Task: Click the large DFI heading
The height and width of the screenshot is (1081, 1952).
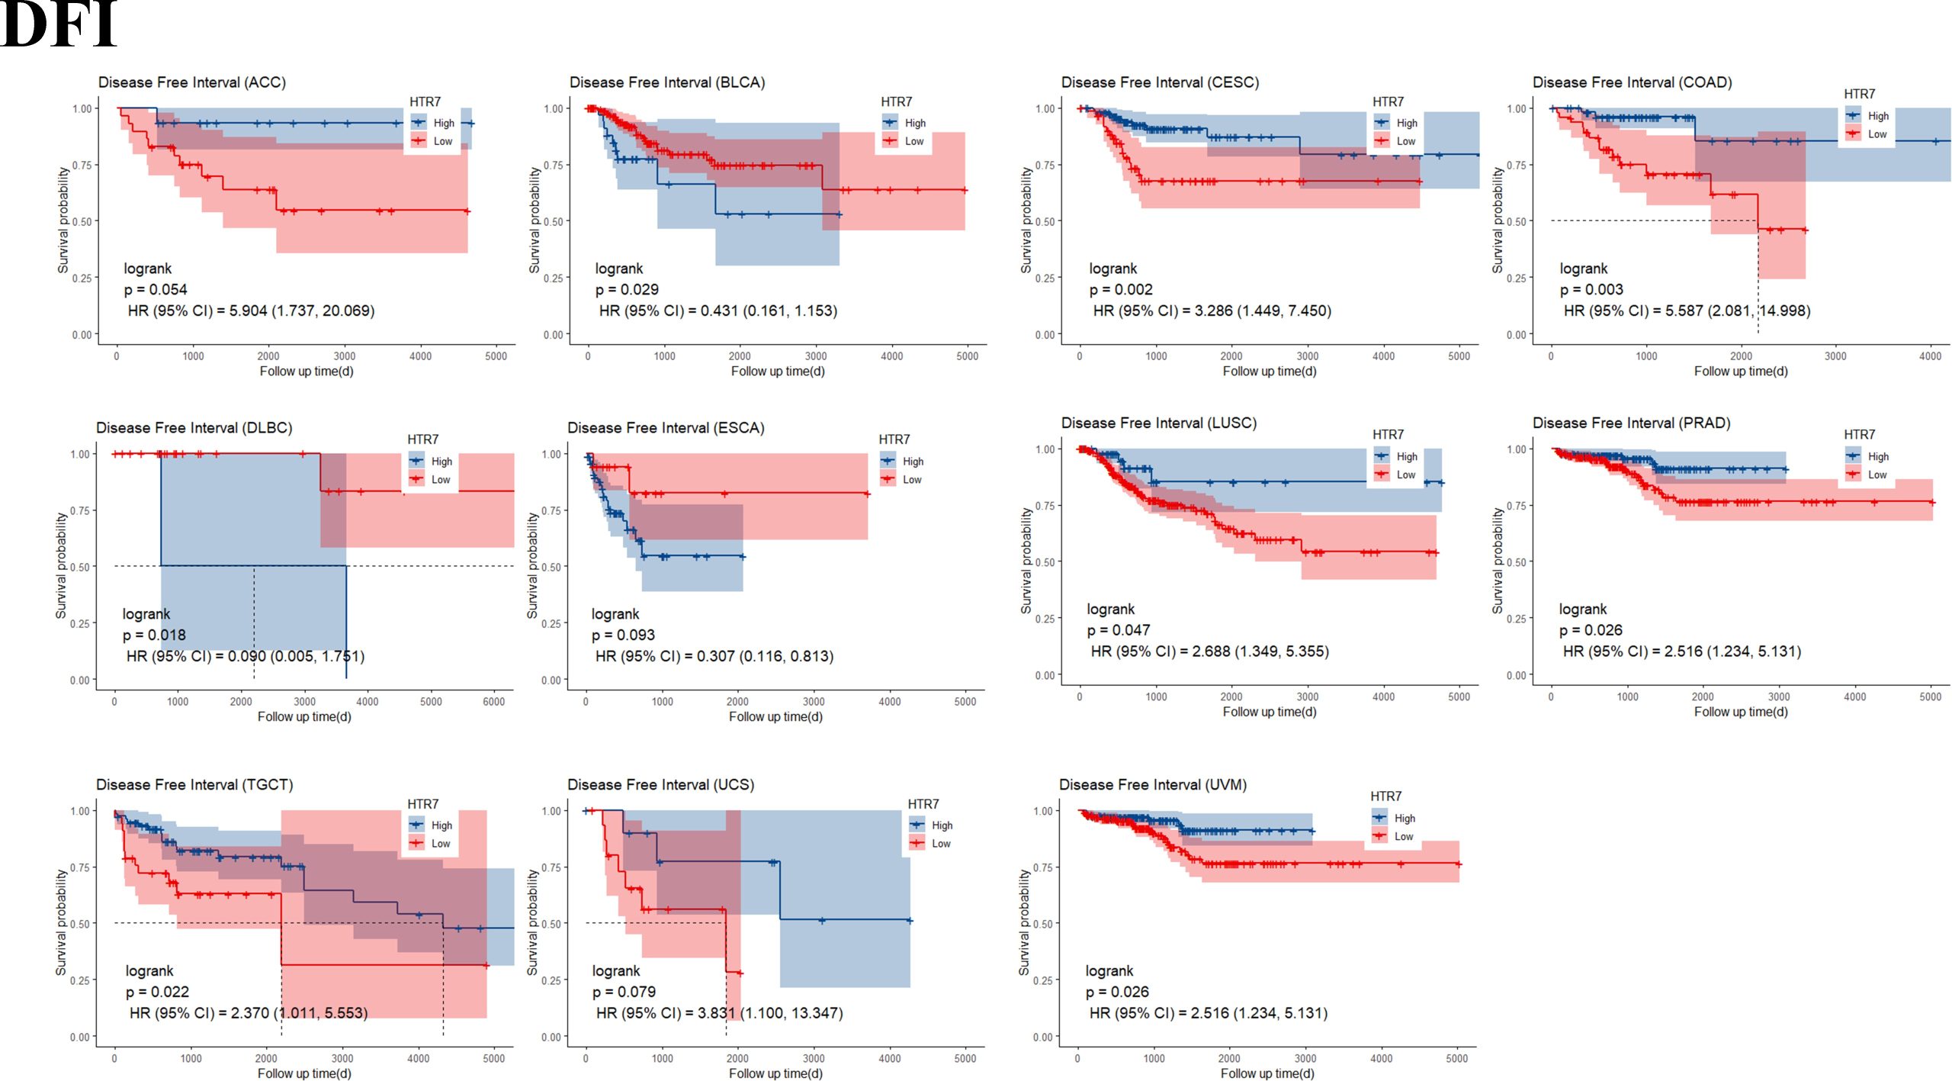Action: (59, 24)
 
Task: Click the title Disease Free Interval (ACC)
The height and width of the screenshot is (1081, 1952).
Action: (192, 82)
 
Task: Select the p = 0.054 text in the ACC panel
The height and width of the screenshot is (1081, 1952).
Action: (156, 290)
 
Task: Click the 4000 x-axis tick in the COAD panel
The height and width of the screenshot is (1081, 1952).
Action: (1930, 356)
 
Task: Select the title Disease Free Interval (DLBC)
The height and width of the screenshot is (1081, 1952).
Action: (194, 428)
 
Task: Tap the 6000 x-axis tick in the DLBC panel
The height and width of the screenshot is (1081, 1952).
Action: (493, 702)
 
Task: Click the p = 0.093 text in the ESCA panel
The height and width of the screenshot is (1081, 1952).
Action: (623, 635)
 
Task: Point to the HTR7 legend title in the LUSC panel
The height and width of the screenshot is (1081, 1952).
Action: (1388, 435)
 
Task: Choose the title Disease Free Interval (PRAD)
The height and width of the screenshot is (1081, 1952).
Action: (1631, 423)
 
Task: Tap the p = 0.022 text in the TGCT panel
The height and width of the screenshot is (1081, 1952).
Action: (157, 993)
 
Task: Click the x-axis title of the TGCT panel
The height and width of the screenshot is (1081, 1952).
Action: (304, 1073)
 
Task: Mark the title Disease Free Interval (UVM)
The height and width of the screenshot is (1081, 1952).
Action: (1152, 785)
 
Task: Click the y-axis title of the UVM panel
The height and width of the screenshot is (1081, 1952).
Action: (1024, 922)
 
